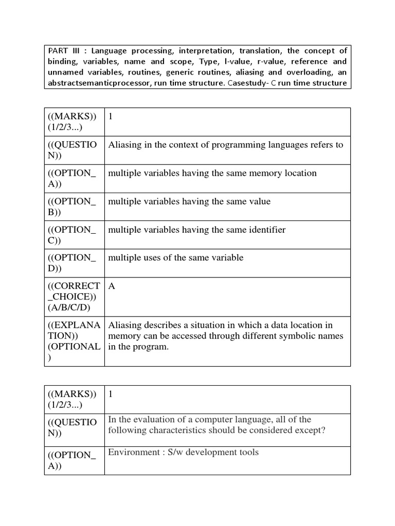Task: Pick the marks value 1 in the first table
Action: pos(110,117)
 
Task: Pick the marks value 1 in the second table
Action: pos(110,394)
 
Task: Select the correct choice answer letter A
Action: pos(112,286)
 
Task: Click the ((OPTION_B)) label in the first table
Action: pos(72,206)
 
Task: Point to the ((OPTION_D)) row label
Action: pos(72,263)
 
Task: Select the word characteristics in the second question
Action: pos(175,430)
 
